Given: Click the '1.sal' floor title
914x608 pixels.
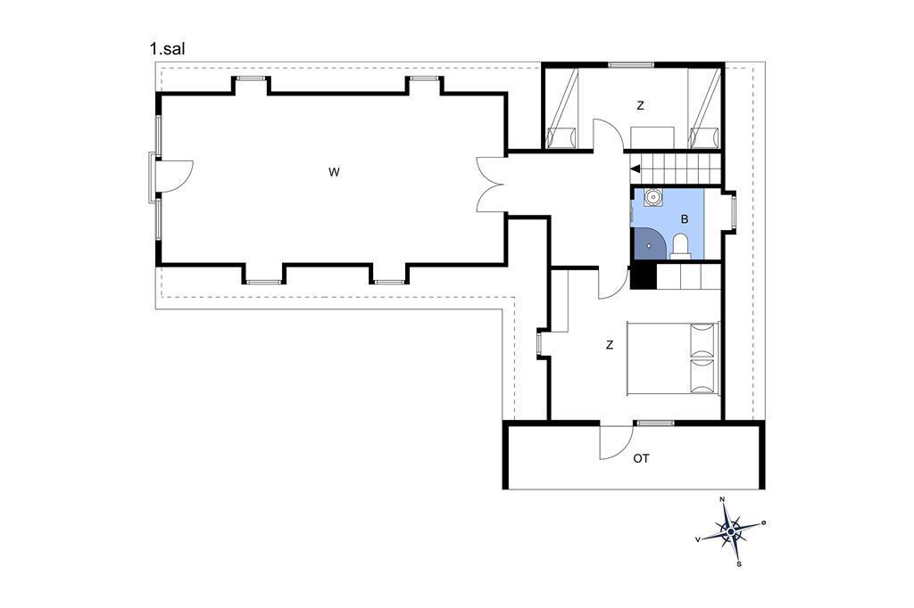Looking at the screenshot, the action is coord(167,49).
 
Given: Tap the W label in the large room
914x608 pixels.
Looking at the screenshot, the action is coord(334,172).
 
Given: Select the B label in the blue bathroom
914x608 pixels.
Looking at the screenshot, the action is coord(685,219).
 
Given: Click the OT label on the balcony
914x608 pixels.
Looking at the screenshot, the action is coord(641,459).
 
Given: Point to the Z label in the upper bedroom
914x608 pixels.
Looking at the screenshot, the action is coord(641,106).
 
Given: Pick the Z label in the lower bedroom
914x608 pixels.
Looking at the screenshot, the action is coord(610,345).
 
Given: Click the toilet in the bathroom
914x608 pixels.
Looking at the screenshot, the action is coord(680,246).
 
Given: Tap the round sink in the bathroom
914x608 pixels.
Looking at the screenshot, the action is coord(654,197).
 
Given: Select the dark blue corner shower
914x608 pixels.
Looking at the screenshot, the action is coord(646,242).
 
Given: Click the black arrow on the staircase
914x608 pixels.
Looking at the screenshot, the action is coord(636,168).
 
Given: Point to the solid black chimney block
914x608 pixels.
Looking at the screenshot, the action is coord(644,276).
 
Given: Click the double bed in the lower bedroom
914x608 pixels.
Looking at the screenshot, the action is coord(673,358).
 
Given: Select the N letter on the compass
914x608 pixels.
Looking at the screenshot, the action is coord(723,499).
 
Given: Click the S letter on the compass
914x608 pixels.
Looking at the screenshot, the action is coord(739,564).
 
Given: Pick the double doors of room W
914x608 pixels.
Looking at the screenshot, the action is coord(491,185).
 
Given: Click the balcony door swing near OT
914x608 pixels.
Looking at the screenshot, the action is coord(616,441).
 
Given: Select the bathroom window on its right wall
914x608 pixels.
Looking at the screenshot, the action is coord(734,211).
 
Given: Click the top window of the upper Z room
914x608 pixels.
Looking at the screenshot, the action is coord(631,65).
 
